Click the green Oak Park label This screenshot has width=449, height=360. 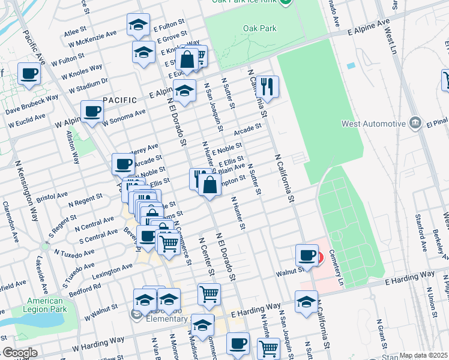[258, 28]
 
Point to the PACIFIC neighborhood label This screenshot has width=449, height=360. [115, 100]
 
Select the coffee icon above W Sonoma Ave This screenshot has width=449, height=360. [92, 111]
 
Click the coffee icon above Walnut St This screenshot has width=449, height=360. [307, 255]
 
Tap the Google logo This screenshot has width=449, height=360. [19, 353]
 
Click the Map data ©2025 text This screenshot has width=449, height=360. [423, 355]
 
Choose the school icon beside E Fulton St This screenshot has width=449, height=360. [139, 25]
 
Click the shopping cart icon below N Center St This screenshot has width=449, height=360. [209, 294]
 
